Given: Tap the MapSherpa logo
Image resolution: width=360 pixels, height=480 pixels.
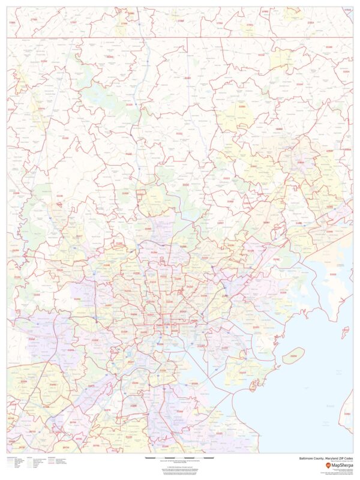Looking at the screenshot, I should [x=339, y=465].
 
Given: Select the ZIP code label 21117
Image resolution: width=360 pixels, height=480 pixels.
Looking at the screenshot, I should [x=79, y=236].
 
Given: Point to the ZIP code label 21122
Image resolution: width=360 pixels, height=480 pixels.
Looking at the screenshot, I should [x=219, y=433].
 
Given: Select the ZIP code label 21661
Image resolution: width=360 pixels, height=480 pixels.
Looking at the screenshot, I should [x=347, y=413].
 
